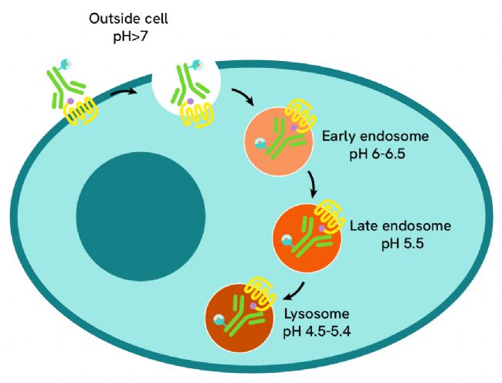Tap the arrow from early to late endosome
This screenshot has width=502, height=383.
(x=312, y=185)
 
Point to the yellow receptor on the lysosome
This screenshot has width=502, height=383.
(x=261, y=293)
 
